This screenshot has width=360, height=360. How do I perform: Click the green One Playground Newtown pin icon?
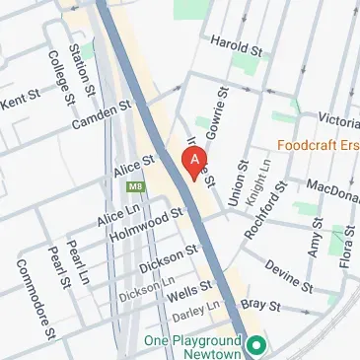(x=255, y=345)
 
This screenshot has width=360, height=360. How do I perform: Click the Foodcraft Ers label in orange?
(x=319, y=149)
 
